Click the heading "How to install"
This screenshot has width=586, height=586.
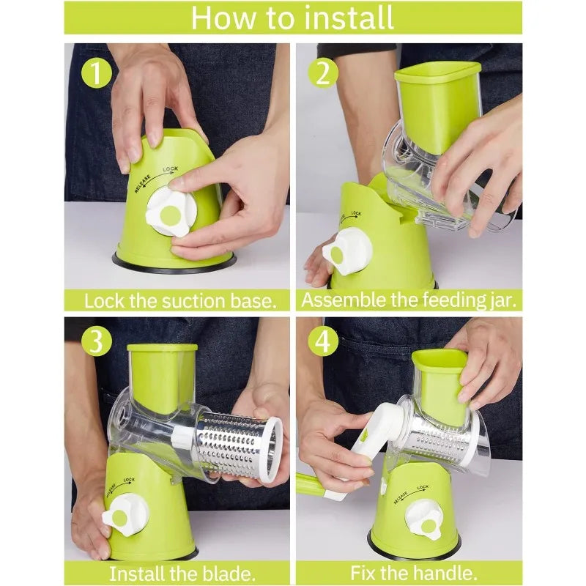tap(292, 18)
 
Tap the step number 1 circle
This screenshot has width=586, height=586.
tap(96, 73)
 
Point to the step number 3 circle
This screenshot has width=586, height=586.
tap(96, 341)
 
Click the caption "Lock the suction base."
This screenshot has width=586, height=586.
tap(179, 300)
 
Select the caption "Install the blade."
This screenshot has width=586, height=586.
tap(179, 572)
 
